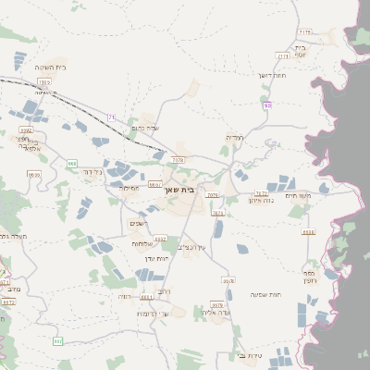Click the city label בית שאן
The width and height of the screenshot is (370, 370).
click(x=185, y=190)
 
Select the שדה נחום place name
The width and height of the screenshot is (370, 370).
click(x=147, y=128)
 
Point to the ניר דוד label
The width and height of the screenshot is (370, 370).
click(x=92, y=172)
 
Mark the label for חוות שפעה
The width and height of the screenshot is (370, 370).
click(x=265, y=294)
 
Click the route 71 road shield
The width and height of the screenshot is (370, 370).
click(x=112, y=117)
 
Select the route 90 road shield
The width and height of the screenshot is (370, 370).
click(x=266, y=105)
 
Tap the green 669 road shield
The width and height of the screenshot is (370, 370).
click(x=71, y=163)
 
